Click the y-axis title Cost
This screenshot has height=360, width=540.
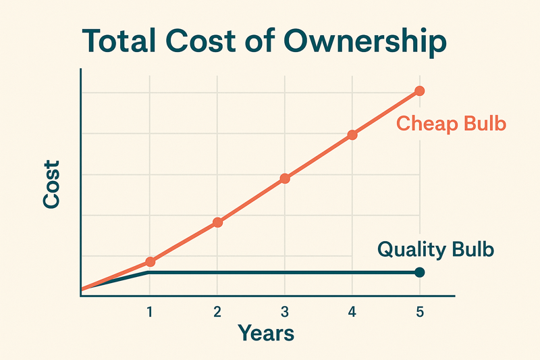coord(52,184)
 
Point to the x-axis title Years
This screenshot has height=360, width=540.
coord(265,333)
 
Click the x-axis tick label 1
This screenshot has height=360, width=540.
coord(149,312)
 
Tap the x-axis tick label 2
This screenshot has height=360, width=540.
coord(217,312)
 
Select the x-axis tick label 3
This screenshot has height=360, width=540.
coord(285,312)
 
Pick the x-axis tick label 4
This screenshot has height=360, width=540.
coord(352,312)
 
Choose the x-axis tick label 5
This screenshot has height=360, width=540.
coord(420,312)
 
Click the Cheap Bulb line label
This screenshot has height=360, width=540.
coord(451,124)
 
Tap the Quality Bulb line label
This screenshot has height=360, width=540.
coord(435,249)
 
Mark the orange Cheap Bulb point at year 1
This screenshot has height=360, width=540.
coord(150,261)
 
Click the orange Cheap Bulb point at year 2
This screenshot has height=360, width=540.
coord(217,222)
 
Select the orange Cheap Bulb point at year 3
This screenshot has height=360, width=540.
coord(285,178)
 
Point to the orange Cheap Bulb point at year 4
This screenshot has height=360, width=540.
coord(352,134)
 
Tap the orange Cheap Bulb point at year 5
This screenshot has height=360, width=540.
coord(419,91)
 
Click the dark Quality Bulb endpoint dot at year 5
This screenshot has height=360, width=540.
coord(419,272)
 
